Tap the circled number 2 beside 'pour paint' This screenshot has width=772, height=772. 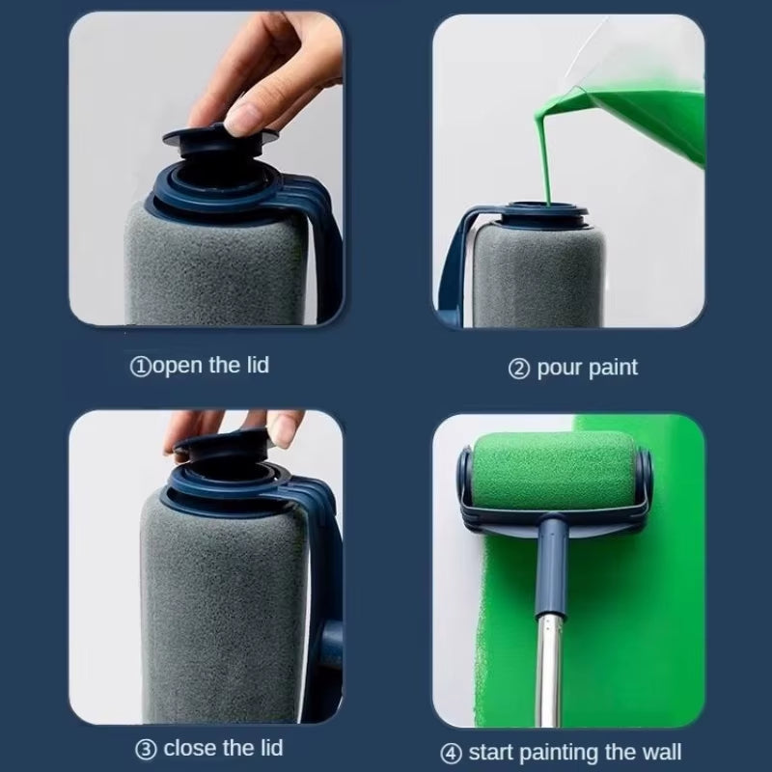click(x=519, y=369)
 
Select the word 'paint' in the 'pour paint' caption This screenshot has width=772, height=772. click(x=613, y=368)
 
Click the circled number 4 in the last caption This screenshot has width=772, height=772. click(x=452, y=753)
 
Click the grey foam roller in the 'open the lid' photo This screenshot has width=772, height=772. click(x=212, y=270)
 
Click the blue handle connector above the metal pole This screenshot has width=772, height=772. click(x=553, y=550)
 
